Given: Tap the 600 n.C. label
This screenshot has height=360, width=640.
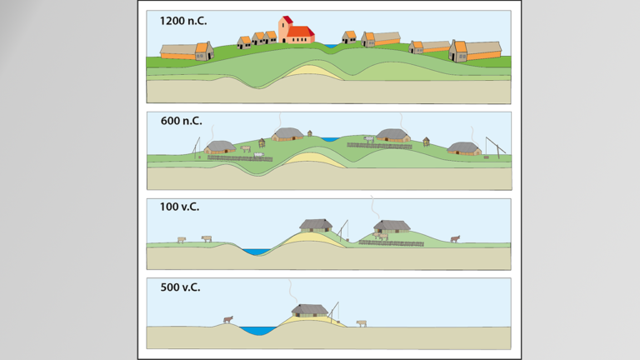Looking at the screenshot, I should tap(181, 121).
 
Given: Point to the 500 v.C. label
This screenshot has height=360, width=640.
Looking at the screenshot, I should tap(181, 287).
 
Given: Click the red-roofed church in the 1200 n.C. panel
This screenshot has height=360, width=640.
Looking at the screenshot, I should tap(296, 32).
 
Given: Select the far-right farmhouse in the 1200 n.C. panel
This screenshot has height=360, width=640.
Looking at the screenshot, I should tap(476, 51).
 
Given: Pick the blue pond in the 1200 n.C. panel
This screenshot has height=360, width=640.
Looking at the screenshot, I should tap(330, 45).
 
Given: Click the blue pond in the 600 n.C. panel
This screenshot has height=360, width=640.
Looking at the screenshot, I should tap(331, 139).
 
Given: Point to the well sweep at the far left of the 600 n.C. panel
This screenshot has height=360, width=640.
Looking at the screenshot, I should tap(197, 148).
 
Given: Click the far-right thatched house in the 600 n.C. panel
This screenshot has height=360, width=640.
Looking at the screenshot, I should tap(464, 148).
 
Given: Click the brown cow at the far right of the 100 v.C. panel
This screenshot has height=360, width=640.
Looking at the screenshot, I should tap(454, 239).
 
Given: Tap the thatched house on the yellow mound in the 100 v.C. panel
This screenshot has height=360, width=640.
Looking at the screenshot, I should tap(317, 225).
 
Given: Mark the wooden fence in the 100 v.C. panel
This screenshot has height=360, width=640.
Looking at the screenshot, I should tap(392, 243).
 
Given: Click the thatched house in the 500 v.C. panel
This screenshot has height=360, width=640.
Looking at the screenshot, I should tap(308, 311).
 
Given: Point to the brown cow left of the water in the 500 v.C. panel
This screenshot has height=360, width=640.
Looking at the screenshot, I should tap(227, 318).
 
